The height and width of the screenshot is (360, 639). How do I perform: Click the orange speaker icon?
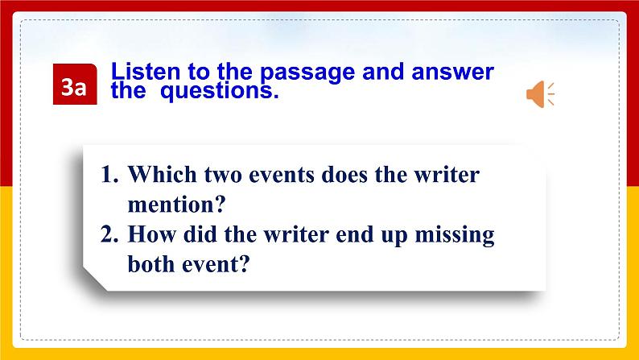(x=540, y=93)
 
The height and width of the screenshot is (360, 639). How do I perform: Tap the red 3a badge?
(x=75, y=84)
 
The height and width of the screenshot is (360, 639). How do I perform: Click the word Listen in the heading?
(x=146, y=72)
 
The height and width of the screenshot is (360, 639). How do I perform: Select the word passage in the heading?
(x=307, y=73)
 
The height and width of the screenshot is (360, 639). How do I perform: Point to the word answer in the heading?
(x=453, y=72)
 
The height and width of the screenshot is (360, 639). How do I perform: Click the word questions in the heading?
(x=219, y=91)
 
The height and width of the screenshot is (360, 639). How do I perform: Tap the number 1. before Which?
(x=109, y=175)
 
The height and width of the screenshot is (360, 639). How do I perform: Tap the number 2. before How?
(x=109, y=234)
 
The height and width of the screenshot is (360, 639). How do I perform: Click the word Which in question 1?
(x=163, y=174)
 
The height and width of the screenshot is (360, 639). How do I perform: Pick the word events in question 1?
(x=282, y=176)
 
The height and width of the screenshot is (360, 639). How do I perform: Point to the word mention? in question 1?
(x=176, y=205)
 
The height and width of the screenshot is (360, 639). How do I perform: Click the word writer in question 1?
(x=447, y=176)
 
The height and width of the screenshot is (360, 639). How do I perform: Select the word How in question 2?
(x=152, y=234)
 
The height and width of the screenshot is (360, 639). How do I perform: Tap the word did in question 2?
(x=200, y=234)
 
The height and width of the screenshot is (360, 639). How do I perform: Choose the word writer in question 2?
(x=296, y=234)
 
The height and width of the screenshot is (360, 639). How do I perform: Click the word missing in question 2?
(x=455, y=236)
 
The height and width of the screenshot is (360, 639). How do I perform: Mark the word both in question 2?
(x=151, y=263)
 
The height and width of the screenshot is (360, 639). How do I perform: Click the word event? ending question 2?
(x=216, y=264)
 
